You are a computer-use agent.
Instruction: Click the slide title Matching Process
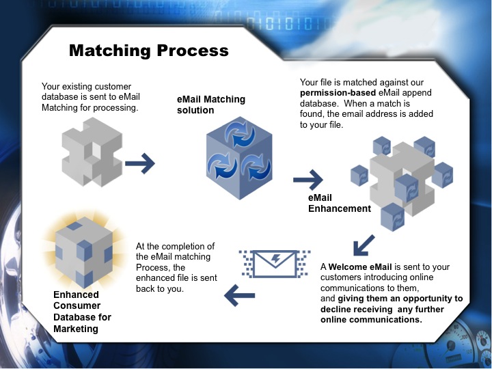[x=148, y=51]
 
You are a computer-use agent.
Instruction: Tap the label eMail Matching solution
[x=210, y=105]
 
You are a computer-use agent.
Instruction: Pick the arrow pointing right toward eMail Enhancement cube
[x=307, y=180]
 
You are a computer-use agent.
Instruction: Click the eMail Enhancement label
[x=339, y=203]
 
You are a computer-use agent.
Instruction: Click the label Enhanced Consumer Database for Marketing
[x=82, y=312]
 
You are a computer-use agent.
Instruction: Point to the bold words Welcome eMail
[x=361, y=266]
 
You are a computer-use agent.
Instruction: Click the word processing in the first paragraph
[x=118, y=107]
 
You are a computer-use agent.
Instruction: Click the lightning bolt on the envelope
[x=273, y=260]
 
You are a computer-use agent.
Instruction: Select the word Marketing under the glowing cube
[x=75, y=329]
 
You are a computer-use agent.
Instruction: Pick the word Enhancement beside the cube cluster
[x=339, y=208]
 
